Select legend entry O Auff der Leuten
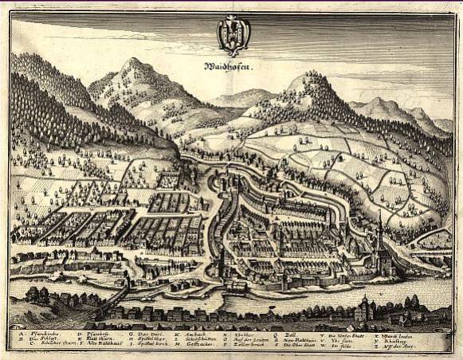pyautogui.click(x=245, y=338)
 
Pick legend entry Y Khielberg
pyautogui.click(x=398, y=338)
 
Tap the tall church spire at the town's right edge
pyautogui.click(x=381, y=227)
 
